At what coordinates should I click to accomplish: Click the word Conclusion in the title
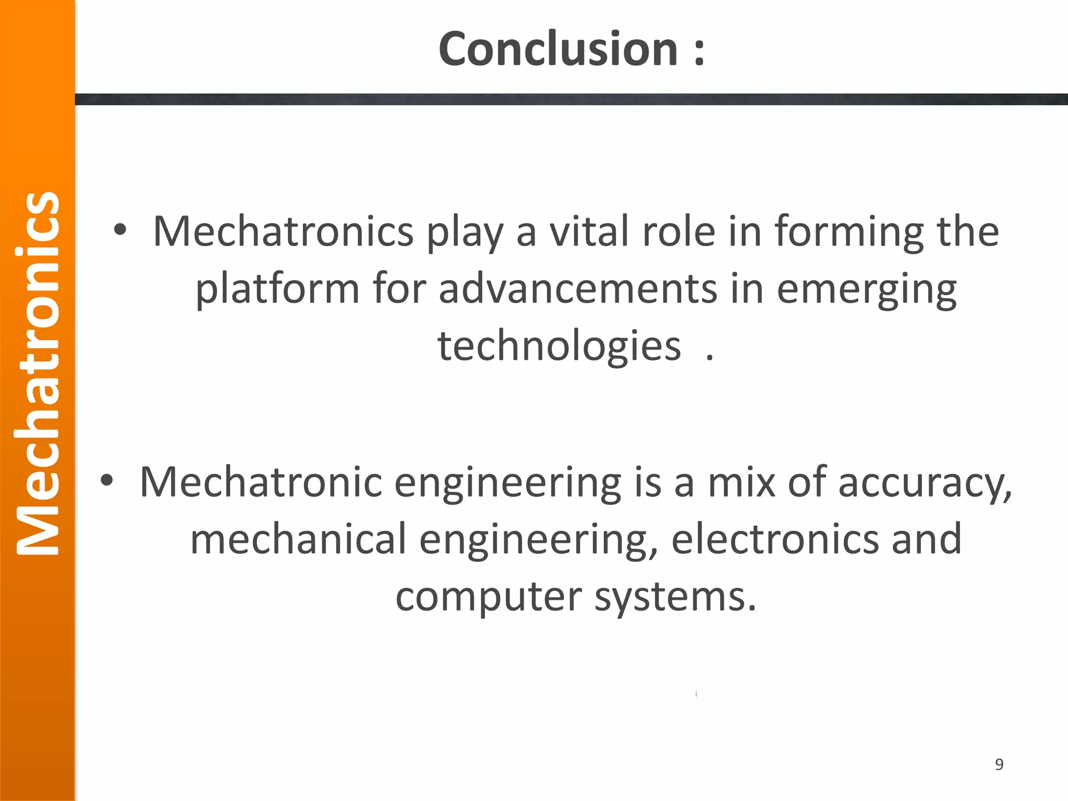[x=558, y=49]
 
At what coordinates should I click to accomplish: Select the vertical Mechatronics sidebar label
[x=38, y=373]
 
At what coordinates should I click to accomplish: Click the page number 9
[x=999, y=764]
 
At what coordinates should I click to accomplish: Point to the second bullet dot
[x=107, y=481]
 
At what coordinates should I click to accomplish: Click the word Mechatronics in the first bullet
[x=283, y=232]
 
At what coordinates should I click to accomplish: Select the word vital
[x=589, y=232]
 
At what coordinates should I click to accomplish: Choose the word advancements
[x=578, y=289]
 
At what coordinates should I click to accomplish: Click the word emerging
[x=867, y=290]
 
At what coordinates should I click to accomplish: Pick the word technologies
[x=559, y=347]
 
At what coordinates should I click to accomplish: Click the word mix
[x=741, y=482]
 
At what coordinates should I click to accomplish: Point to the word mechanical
[x=298, y=539]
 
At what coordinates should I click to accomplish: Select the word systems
[x=675, y=598]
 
